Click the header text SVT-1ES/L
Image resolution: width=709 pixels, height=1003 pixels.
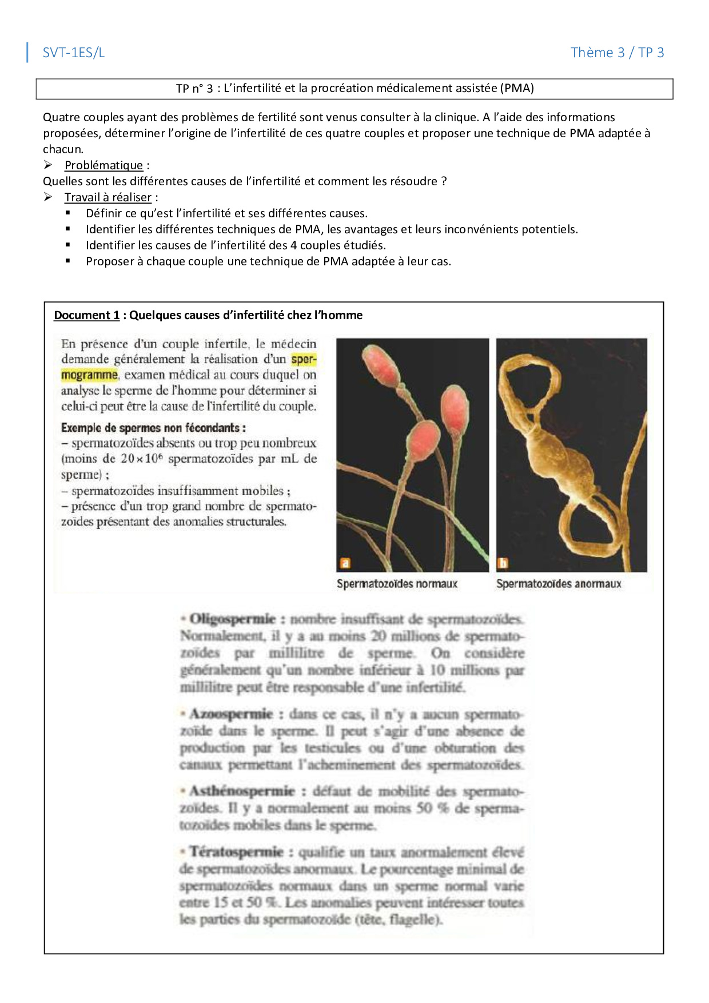(x=74, y=53)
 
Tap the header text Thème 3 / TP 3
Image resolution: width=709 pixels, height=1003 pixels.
(x=617, y=53)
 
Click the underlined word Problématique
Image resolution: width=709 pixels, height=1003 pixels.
(x=103, y=165)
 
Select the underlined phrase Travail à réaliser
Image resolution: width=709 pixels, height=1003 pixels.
(x=108, y=197)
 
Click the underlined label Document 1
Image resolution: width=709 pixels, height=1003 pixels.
(x=87, y=315)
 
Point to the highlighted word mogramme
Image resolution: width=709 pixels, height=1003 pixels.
(x=89, y=375)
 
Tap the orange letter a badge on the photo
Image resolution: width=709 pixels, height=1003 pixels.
(x=345, y=563)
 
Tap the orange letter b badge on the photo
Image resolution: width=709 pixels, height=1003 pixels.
(x=503, y=563)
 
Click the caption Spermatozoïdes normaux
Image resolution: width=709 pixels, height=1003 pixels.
(x=397, y=584)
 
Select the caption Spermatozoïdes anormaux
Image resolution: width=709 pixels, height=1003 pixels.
(x=559, y=584)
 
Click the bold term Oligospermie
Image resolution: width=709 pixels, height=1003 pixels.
(x=232, y=619)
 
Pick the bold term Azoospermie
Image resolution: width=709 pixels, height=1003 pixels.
(x=231, y=714)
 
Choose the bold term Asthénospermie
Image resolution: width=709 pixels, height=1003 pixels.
(x=242, y=791)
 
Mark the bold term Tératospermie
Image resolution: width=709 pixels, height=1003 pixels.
(x=236, y=851)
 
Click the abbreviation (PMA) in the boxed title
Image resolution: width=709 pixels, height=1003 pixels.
(x=517, y=88)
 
